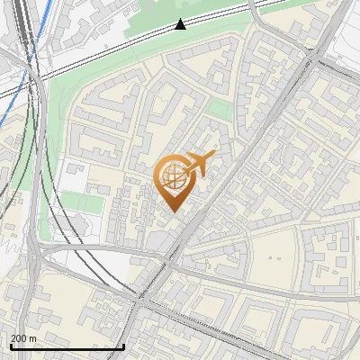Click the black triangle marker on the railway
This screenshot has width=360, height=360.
click(x=181, y=23)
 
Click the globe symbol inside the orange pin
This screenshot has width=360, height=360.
click(x=173, y=176)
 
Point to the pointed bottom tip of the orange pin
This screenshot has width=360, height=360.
click(x=172, y=211)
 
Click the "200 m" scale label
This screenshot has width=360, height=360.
click(x=23, y=338)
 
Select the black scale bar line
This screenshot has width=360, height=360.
click(x=67, y=346)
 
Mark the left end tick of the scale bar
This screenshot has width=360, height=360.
click(x=11, y=344)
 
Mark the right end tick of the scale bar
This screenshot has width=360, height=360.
click(x=123, y=344)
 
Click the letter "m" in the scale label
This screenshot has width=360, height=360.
click(x=32, y=338)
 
